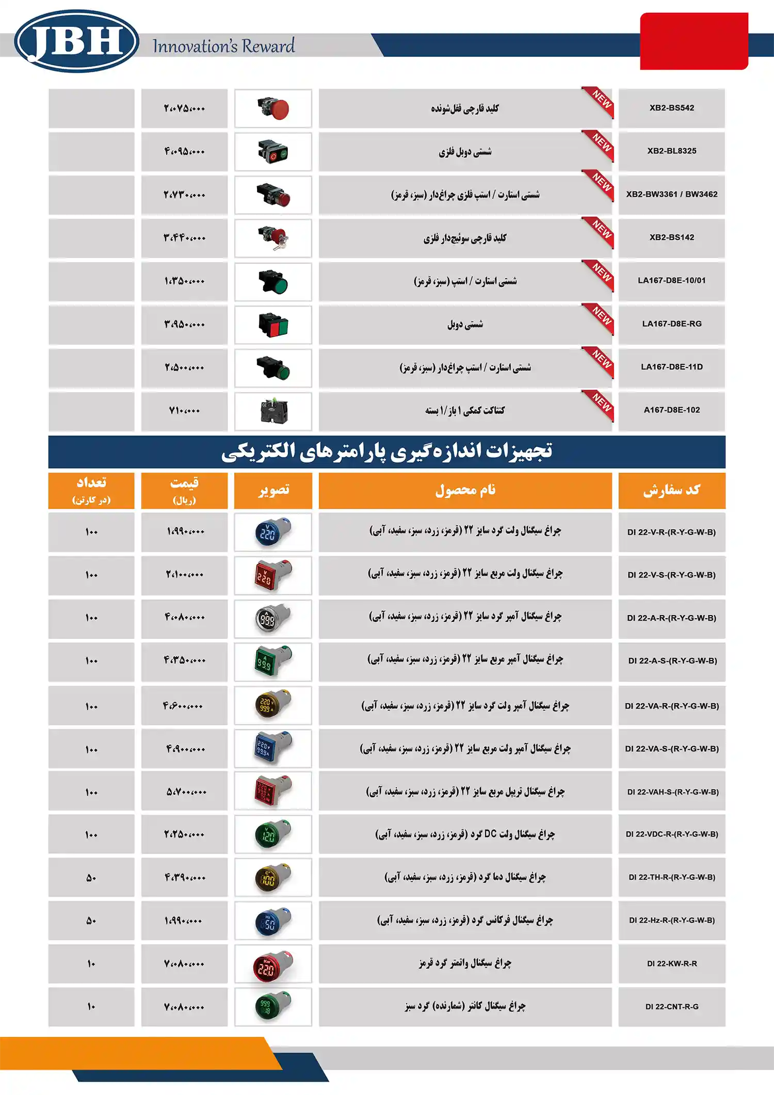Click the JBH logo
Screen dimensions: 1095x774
(x=76, y=41)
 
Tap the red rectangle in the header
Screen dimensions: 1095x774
(x=694, y=41)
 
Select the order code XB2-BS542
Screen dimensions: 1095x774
(x=671, y=108)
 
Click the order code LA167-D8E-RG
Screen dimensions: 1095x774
(x=671, y=324)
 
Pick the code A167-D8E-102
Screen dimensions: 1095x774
(x=671, y=410)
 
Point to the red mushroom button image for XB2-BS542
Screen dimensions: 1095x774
(x=273, y=108)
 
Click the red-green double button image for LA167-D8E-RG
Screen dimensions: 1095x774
(x=273, y=325)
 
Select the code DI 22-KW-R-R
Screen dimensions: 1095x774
(x=671, y=963)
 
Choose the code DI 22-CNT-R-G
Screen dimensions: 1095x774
(x=671, y=1006)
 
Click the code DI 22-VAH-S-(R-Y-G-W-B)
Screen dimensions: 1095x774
(x=672, y=792)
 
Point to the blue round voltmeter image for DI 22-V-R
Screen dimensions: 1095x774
(x=273, y=532)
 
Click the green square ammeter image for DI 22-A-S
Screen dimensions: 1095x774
(x=273, y=661)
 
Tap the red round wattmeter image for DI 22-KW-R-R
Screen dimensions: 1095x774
(x=273, y=964)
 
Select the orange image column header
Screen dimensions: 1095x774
(x=273, y=490)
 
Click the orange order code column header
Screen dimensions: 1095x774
(x=671, y=490)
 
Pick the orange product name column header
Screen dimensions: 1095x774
(x=465, y=490)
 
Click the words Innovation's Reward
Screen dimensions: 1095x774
(x=223, y=46)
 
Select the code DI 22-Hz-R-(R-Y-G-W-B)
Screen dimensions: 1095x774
(x=671, y=920)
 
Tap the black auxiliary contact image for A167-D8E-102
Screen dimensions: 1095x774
(x=273, y=411)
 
